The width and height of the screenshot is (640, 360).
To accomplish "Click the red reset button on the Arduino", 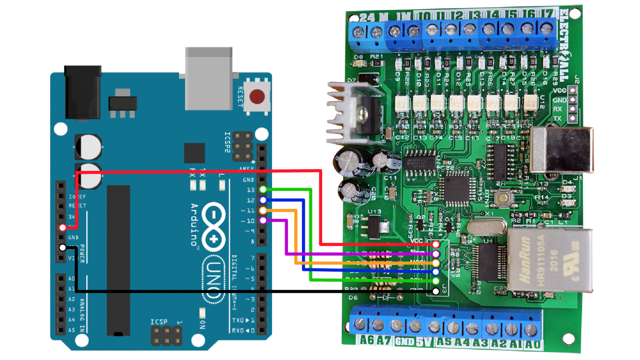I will pos(257,97).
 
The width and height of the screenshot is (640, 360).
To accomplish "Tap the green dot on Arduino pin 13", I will pos(263,190).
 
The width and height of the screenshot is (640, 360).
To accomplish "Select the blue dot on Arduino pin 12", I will pos(263,200).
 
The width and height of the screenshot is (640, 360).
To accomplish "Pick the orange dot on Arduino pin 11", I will pos(263,210).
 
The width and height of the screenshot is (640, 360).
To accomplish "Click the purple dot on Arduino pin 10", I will pos(263,220).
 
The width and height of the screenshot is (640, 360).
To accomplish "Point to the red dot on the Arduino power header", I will pos(62,227).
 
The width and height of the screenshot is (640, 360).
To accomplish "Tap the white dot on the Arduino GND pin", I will pos(62,247).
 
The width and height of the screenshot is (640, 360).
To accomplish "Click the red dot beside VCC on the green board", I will pos(436,245).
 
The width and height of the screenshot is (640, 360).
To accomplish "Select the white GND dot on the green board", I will pos(436,291).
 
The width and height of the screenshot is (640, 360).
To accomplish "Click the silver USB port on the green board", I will pos(562,149).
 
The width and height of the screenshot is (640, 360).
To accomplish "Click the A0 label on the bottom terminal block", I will pos(532,344).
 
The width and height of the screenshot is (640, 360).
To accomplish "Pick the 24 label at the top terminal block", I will pos(367,17).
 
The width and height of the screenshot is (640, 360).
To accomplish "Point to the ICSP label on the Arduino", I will pos(159,322).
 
